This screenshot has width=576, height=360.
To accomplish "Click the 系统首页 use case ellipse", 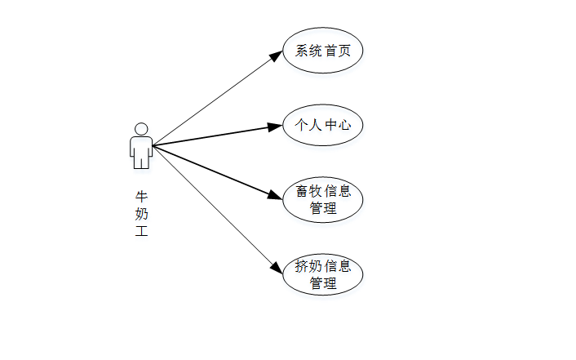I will click(322, 51).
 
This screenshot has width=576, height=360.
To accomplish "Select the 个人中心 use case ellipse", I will click(322, 125).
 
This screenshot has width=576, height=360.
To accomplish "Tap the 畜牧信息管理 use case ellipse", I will click(322, 200).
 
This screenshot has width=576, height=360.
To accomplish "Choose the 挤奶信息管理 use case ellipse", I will click(322, 274).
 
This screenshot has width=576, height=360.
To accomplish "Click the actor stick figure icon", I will click(141, 147).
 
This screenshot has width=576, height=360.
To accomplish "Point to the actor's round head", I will click(141, 129).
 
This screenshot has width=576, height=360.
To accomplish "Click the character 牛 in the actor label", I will click(142, 198).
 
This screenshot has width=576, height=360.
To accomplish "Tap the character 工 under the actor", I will click(142, 232).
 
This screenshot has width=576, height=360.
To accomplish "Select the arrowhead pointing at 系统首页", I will click(276, 56).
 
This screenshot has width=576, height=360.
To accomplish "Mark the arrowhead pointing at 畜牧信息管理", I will click(275, 196).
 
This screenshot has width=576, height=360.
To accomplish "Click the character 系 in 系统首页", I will click(302, 51).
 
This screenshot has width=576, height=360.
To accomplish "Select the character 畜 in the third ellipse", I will click(302, 192).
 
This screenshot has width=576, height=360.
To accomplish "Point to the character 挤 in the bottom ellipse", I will click(302, 266).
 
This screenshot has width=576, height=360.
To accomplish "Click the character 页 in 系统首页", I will click(344, 51).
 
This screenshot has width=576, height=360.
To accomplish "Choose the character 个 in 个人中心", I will click(302, 126).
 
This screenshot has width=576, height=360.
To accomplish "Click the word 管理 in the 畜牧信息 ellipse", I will click(323, 208).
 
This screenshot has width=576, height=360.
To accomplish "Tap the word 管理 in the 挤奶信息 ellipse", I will click(323, 283).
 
